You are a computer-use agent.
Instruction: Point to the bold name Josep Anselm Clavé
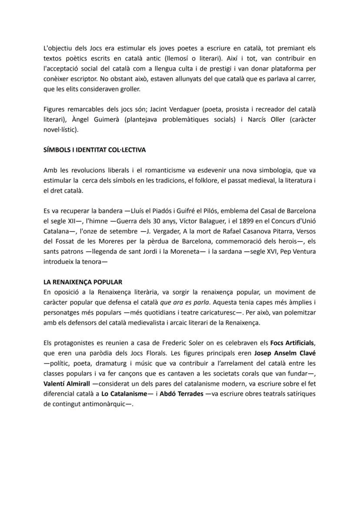point(285,353)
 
